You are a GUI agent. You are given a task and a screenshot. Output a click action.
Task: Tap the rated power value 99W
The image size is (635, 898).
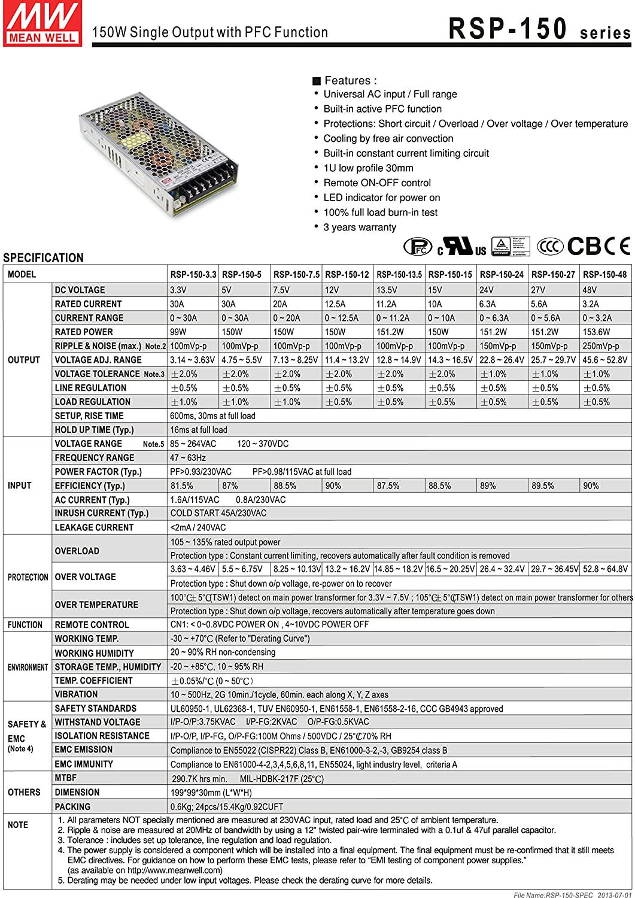pos(178,332)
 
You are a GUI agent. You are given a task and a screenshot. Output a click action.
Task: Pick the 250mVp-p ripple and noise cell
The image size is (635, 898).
pos(601,346)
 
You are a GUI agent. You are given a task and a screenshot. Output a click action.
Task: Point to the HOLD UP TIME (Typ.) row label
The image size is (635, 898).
pos(94,430)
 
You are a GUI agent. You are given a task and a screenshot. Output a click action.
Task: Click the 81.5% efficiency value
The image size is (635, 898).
pos(182,486)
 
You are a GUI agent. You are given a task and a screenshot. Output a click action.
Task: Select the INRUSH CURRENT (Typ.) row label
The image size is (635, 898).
pos(101,513)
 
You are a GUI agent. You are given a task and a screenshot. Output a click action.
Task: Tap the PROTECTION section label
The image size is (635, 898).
pos(28,577)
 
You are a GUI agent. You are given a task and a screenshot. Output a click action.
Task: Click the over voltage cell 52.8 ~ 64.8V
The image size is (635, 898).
pos(604,569)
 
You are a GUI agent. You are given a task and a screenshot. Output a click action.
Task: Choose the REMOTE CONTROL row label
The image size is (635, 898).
pos(92,624)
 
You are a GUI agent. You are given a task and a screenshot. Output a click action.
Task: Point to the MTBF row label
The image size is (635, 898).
pos(65,778)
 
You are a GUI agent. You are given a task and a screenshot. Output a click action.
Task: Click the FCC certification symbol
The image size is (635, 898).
pos(418,246)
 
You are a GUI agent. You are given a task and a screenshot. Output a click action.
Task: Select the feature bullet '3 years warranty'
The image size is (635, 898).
pos(359,227)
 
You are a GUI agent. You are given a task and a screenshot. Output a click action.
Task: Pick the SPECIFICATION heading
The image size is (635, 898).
pos(43,258)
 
